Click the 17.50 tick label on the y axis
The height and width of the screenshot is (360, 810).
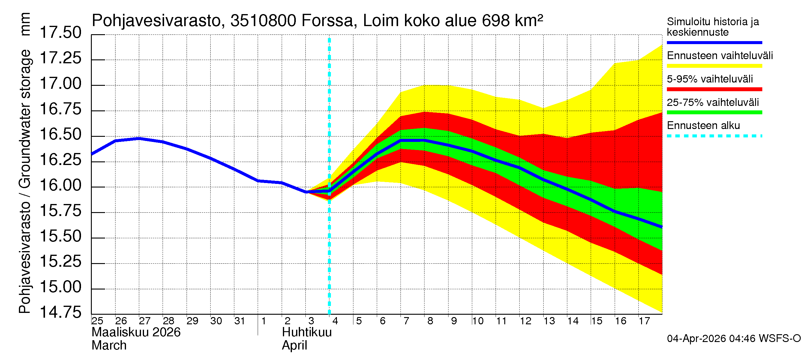tap(60, 33)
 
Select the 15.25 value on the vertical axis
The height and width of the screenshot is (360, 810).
tap(60, 262)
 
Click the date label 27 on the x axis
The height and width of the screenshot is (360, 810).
tap(145, 321)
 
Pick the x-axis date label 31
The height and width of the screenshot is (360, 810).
tap(240, 321)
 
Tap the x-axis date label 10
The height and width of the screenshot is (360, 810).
tap(478, 321)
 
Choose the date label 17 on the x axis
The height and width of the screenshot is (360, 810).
tap(644, 321)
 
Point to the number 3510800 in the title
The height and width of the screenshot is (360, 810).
tap(263, 21)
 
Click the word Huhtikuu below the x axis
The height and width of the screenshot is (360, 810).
tap(307, 332)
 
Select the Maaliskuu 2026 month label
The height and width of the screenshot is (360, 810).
tap(136, 332)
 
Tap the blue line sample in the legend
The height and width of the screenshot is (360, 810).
tap(714, 42)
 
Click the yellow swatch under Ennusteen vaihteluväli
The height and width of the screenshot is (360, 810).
tap(714, 66)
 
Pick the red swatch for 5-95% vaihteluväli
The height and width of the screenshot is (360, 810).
tap(714, 89)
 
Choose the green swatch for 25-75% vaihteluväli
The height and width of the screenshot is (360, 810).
tap(714, 112)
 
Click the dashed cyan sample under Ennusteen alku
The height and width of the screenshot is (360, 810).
tap(714, 136)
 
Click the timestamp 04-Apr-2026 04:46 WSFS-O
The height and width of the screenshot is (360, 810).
tap(733, 339)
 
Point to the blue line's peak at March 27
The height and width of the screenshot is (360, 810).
tap(139, 138)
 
